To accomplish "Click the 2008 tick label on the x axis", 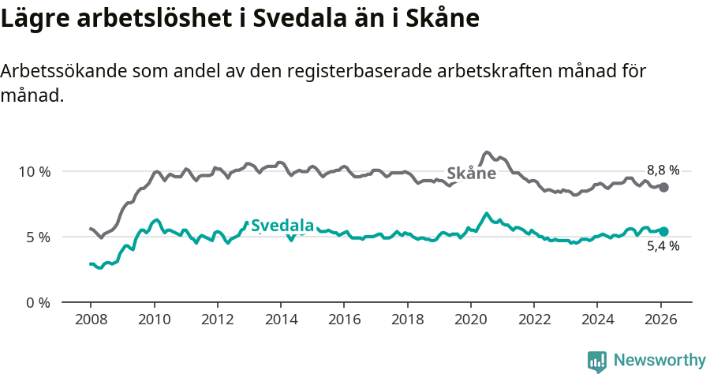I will [91, 320].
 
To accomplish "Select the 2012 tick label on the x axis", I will [217, 320].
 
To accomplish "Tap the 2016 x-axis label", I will [344, 320].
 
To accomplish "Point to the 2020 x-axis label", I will [470, 320].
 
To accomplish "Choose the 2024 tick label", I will [596, 320].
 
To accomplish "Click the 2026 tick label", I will [660, 320].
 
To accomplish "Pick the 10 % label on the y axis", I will [34, 171].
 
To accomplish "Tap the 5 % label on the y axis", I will [38, 237].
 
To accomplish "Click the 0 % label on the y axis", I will [38, 302].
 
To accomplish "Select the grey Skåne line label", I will [471, 174].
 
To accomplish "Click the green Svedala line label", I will [282, 225].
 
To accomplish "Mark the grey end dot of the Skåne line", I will [664, 187].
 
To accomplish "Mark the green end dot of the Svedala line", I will [664, 231].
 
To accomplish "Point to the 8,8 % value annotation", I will [663, 170].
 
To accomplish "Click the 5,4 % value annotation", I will [663, 246].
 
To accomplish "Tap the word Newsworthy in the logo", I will [659, 361].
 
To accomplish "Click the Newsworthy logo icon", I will [597, 361].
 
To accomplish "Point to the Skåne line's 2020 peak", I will [487, 152].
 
